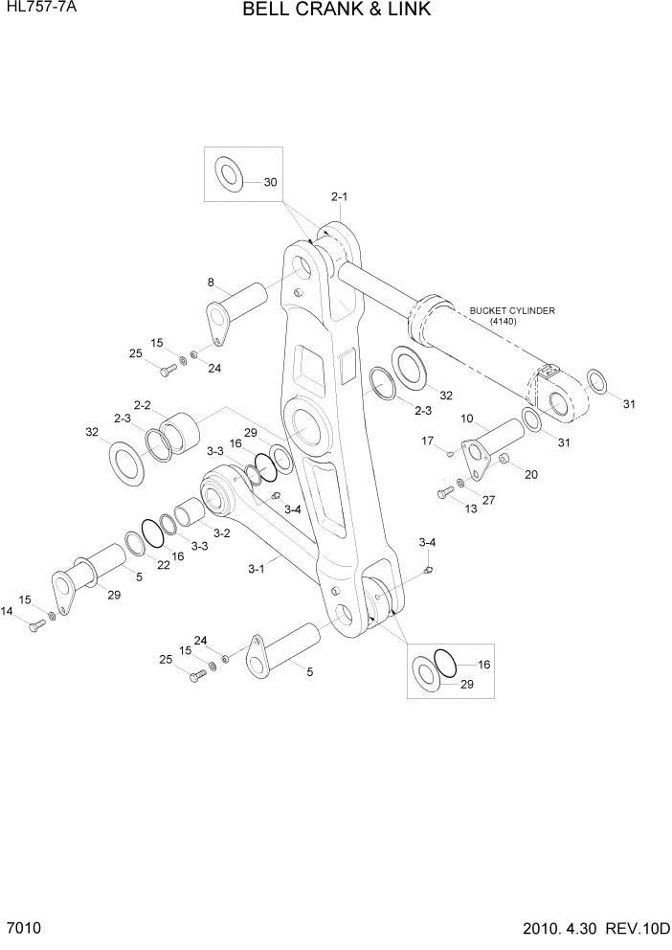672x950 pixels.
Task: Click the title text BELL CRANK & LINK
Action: click(x=336, y=11)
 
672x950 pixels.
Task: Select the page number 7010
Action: click(x=23, y=930)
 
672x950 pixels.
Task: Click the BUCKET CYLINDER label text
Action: click(x=512, y=310)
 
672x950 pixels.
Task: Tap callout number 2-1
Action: click(x=339, y=197)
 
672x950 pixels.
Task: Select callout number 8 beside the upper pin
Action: click(x=212, y=283)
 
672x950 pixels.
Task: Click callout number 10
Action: click(x=468, y=418)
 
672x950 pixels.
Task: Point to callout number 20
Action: click(x=531, y=473)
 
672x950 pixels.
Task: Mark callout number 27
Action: click(x=488, y=499)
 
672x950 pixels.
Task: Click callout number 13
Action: click(x=470, y=509)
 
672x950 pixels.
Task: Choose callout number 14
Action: click(x=8, y=611)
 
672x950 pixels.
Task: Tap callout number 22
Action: click(x=164, y=566)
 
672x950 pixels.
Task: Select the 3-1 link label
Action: click(x=256, y=569)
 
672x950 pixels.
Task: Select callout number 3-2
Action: click(x=221, y=533)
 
